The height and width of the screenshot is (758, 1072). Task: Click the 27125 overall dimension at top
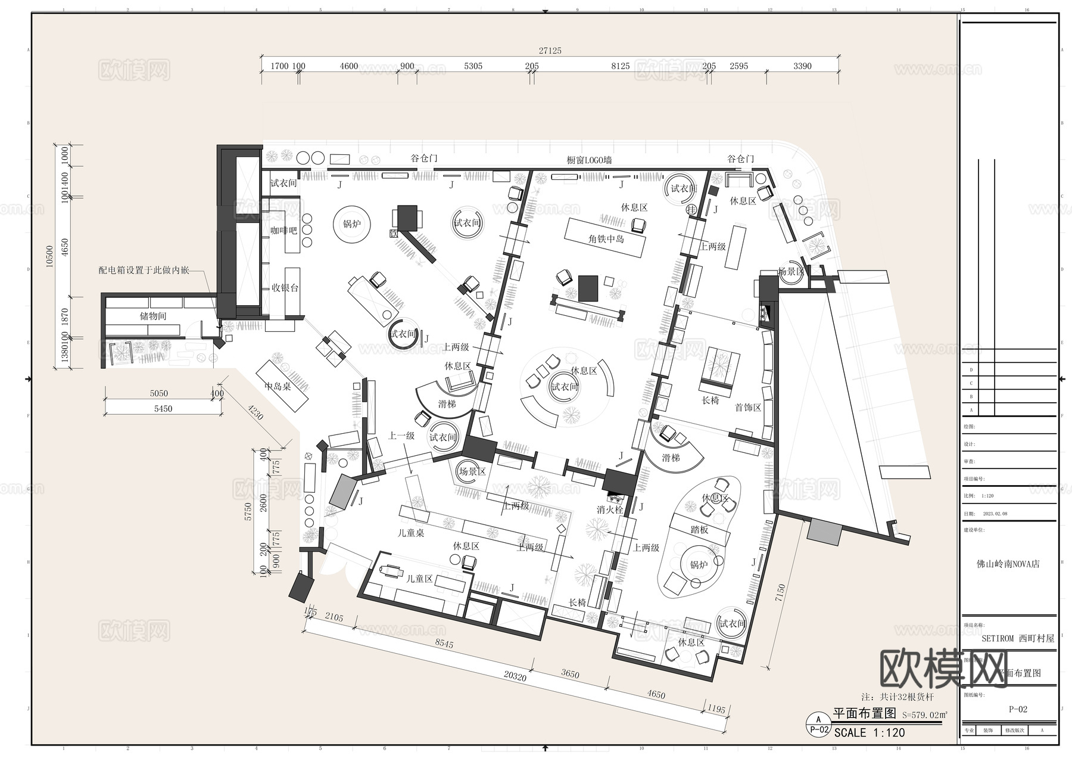coord(550,51)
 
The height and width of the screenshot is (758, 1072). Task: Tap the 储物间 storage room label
coord(152,316)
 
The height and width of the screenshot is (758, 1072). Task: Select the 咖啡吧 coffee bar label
coord(283,230)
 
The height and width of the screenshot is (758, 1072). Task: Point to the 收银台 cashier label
coord(285,288)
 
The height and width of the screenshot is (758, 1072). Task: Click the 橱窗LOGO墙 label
coord(589,160)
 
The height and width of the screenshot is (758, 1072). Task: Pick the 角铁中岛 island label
coord(606,239)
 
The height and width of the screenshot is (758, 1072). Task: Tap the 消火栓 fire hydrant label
coord(610,510)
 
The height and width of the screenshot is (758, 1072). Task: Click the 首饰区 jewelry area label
coord(747,408)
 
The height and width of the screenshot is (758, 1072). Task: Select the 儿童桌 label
coord(411,533)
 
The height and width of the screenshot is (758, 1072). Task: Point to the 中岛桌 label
coord(278,386)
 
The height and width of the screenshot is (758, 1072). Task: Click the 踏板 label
coord(699,529)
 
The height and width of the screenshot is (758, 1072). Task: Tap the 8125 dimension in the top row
coord(620,66)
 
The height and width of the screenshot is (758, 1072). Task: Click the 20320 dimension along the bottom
coord(515,676)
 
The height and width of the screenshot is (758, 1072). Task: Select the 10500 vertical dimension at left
coord(50,256)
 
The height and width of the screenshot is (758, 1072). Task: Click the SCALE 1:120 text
coord(869,733)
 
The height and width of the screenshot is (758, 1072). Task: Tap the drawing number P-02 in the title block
coord(1018,709)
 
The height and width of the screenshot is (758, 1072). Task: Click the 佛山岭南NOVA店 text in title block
coord(1008,564)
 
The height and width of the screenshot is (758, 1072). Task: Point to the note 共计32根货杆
coord(898,697)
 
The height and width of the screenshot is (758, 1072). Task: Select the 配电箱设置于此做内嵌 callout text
coord(144,270)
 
